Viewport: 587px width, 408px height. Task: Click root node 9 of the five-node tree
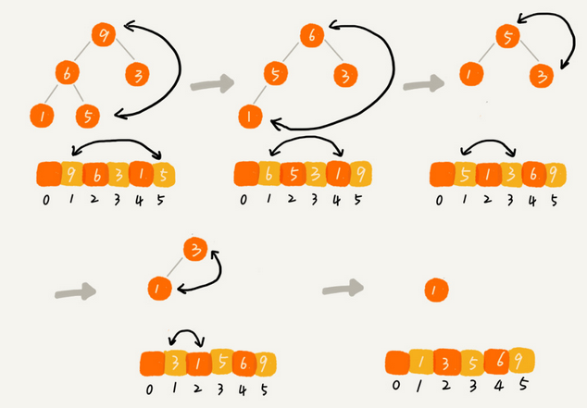(x=103, y=36)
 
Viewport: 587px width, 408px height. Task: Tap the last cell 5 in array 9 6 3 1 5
(x=164, y=174)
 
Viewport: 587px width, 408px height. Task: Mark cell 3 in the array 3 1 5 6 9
(x=174, y=363)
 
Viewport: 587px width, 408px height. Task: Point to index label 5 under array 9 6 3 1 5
(x=164, y=198)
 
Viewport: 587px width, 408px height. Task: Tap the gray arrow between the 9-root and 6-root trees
(x=210, y=86)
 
